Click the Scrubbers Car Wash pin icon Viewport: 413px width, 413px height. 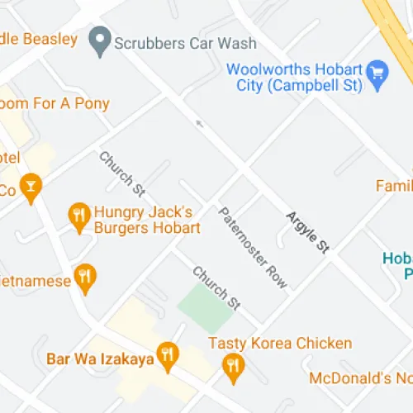101,40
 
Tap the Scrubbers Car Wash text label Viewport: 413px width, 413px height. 186,43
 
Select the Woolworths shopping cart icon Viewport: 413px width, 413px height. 377,72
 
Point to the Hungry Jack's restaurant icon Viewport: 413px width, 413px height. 78,216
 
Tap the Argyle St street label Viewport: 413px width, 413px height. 308,231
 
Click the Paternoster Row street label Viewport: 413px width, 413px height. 254,247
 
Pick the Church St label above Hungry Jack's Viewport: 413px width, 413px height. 120,173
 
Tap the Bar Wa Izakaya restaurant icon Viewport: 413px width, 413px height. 168,355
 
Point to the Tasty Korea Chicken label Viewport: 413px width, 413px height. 280,343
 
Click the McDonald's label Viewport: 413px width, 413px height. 361,378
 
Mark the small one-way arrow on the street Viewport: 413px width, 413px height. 198,124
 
